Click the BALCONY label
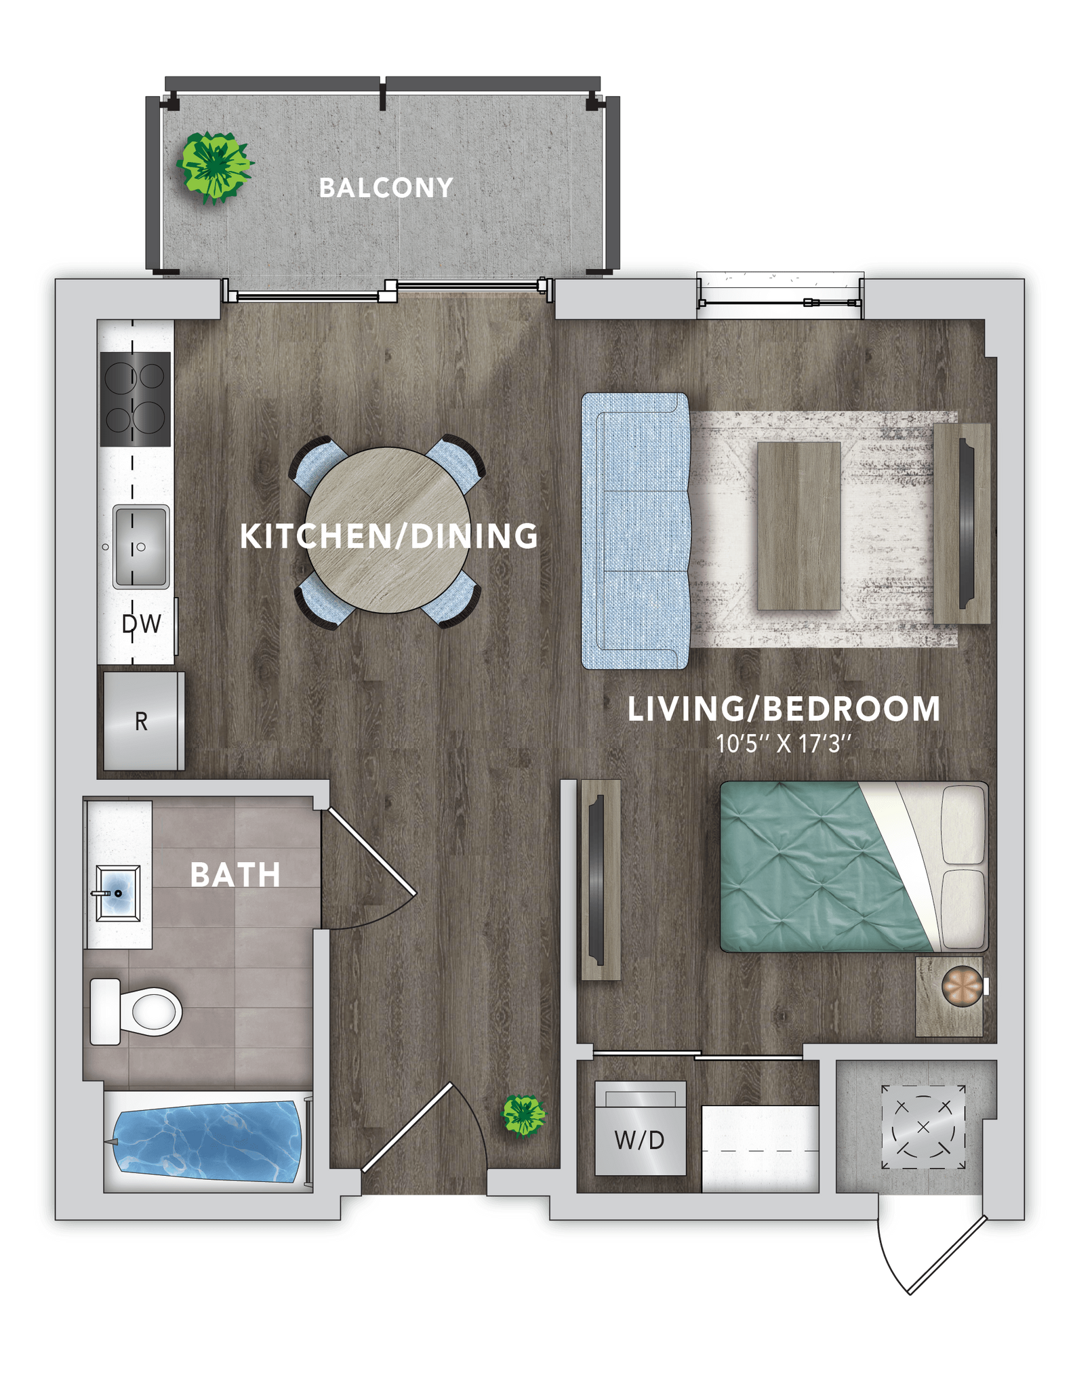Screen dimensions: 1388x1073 pyautogui.click(x=386, y=188)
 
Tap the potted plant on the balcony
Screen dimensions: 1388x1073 pyautogui.click(x=214, y=166)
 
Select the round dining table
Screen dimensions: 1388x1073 pyautogui.click(x=388, y=529)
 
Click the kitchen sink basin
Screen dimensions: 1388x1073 pyautogui.click(x=141, y=546)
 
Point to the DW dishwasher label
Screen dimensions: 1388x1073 pyautogui.click(x=142, y=624)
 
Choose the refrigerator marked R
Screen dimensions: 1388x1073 pyautogui.click(x=142, y=721)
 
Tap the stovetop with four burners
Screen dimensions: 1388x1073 pyautogui.click(x=135, y=399)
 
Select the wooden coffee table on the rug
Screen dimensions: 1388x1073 pyautogui.click(x=798, y=525)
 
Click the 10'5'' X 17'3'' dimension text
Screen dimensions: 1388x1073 pyautogui.click(x=783, y=744)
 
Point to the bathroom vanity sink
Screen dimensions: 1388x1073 pyautogui.click(x=118, y=893)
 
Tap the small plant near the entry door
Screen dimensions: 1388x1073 pyautogui.click(x=523, y=1115)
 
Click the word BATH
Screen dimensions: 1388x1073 pyautogui.click(x=235, y=875)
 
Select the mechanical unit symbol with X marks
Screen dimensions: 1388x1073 pyautogui.click(x=923, y=1126)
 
